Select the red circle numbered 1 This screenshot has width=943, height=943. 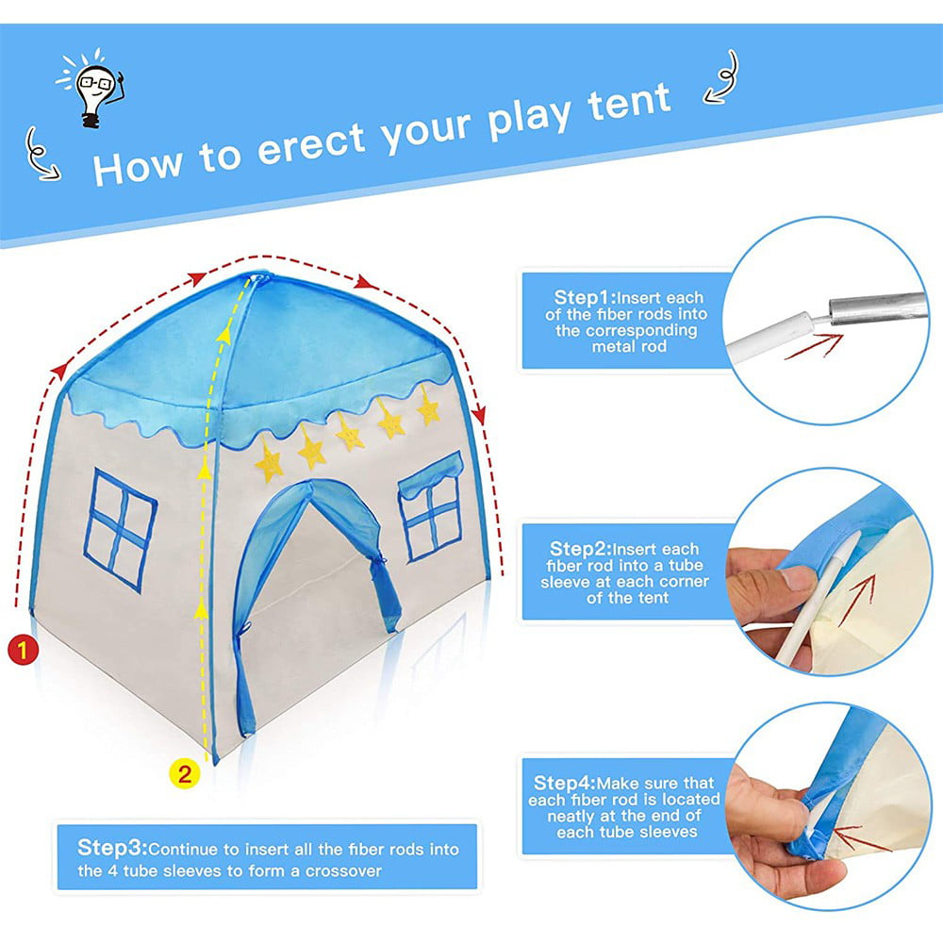(22, 649)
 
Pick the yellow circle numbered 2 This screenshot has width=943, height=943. (185, 774)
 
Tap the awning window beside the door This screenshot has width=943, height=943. (432, 505)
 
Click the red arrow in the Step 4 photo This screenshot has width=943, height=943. (858, 837)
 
